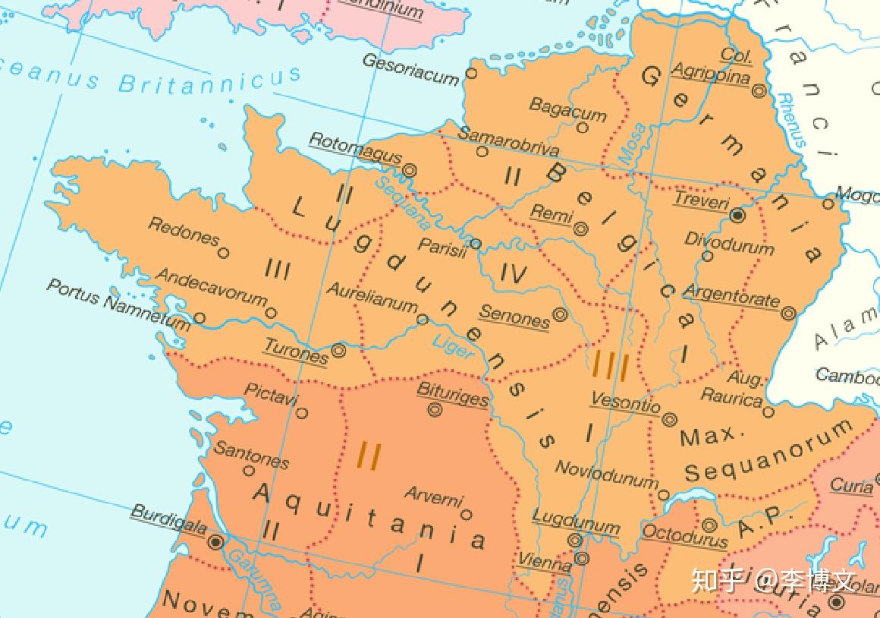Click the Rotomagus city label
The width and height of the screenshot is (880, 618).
tap(355, 149)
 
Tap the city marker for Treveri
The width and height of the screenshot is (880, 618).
tap(737, 216)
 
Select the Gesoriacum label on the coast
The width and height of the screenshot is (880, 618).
tap(410, 68)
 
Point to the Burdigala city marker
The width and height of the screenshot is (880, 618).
tap(216, 542)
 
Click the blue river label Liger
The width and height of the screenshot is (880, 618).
tap(453, 347)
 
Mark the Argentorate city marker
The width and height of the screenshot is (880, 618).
tap(788, 313)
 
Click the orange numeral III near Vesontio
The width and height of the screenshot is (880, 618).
tap(610, 367)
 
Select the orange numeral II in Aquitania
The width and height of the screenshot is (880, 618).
tap(368, 456)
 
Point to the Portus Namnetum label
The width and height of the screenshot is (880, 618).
tap(118, 304)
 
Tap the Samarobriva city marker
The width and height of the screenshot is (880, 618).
tap(482, 152)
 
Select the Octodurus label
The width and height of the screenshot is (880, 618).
tap(684, 535)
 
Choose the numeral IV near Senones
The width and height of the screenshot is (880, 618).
tap(514, 274)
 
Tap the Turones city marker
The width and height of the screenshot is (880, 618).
tap(338, 352)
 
